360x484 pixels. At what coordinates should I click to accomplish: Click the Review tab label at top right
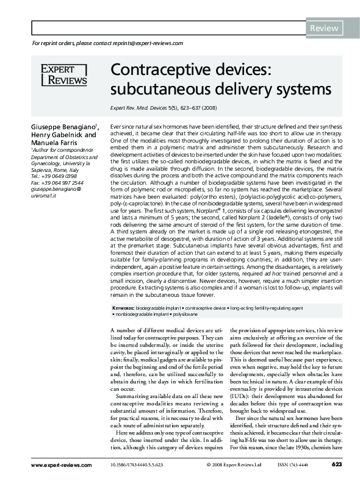325,28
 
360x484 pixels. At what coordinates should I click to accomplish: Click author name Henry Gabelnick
63,135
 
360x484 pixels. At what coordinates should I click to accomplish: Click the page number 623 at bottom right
336,465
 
